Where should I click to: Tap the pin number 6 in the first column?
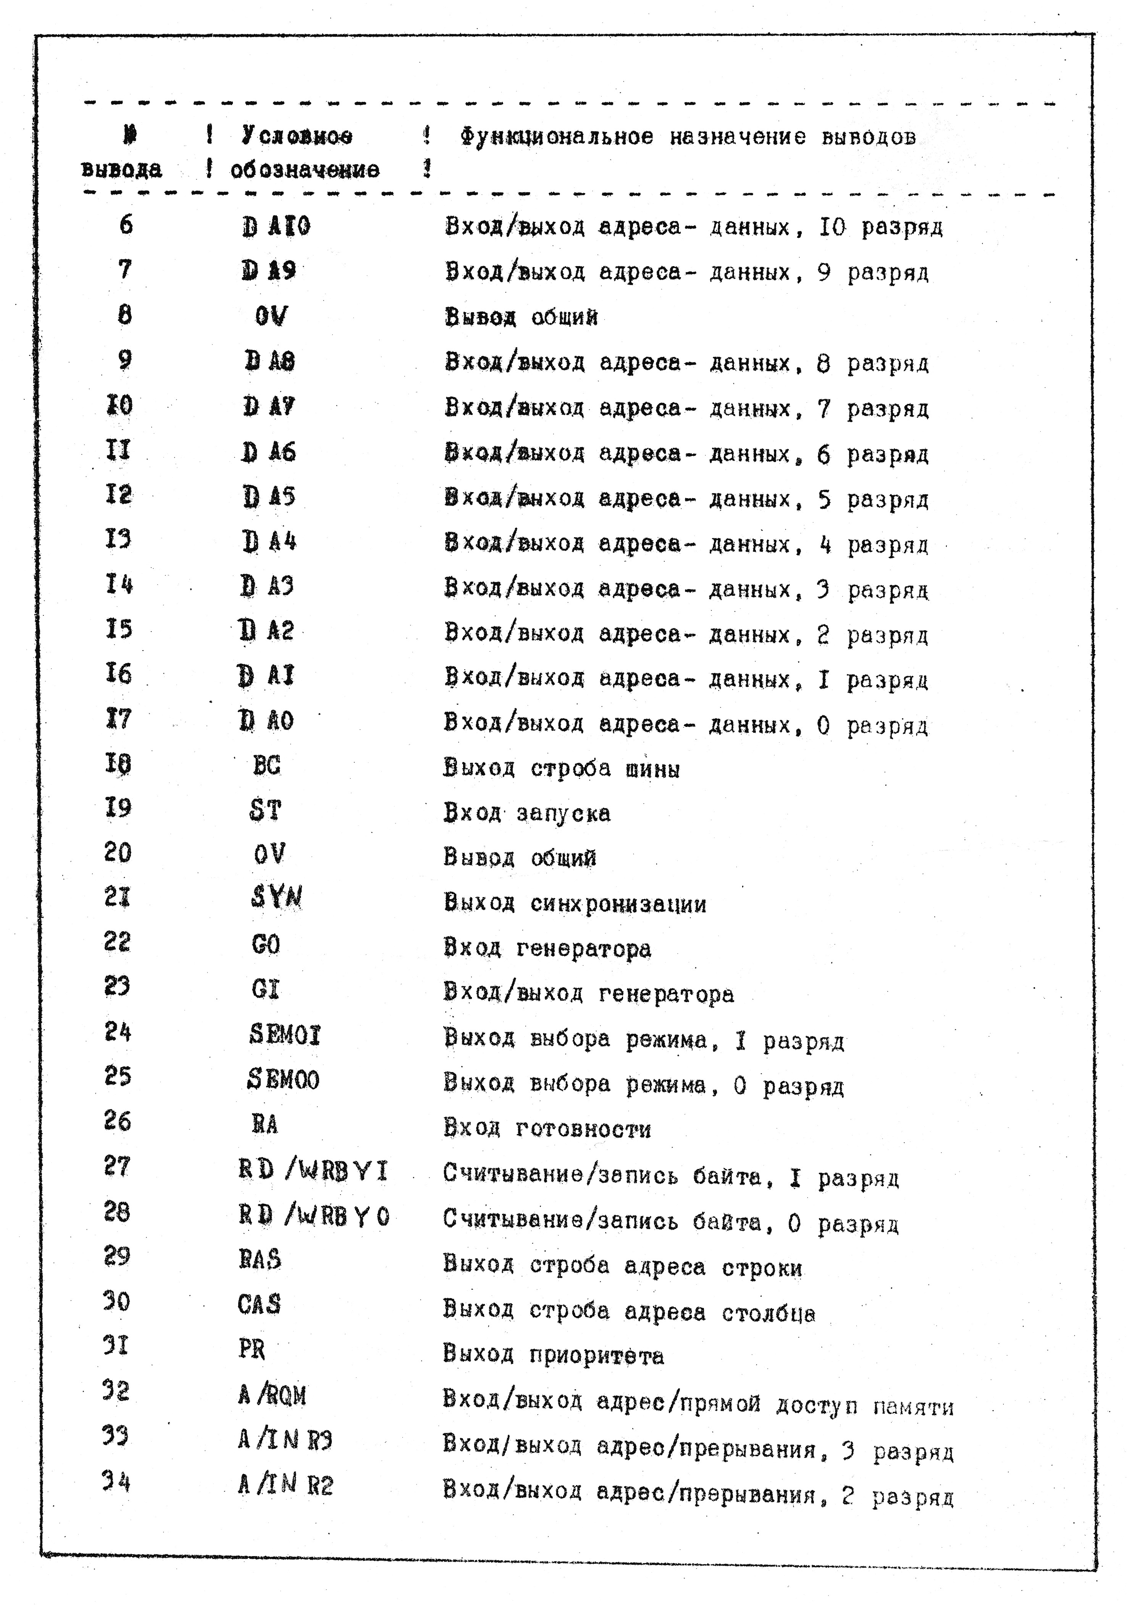pos(126,224)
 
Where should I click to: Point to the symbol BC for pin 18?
pos(266,765)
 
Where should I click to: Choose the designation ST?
pos(266,810)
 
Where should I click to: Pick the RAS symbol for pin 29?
pos(259,1259)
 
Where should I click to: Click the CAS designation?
pos(259,1305)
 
